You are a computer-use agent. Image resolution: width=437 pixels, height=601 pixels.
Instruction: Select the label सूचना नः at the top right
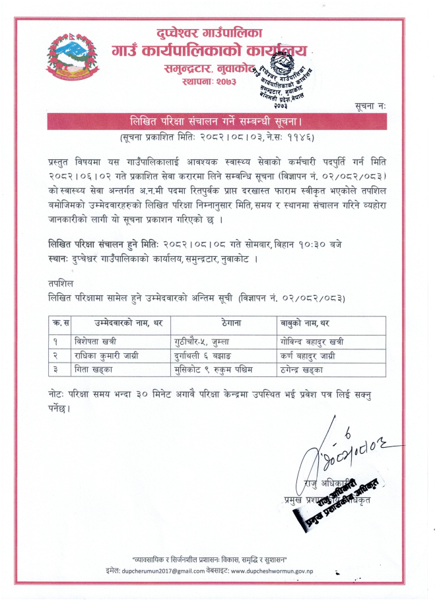373,105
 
